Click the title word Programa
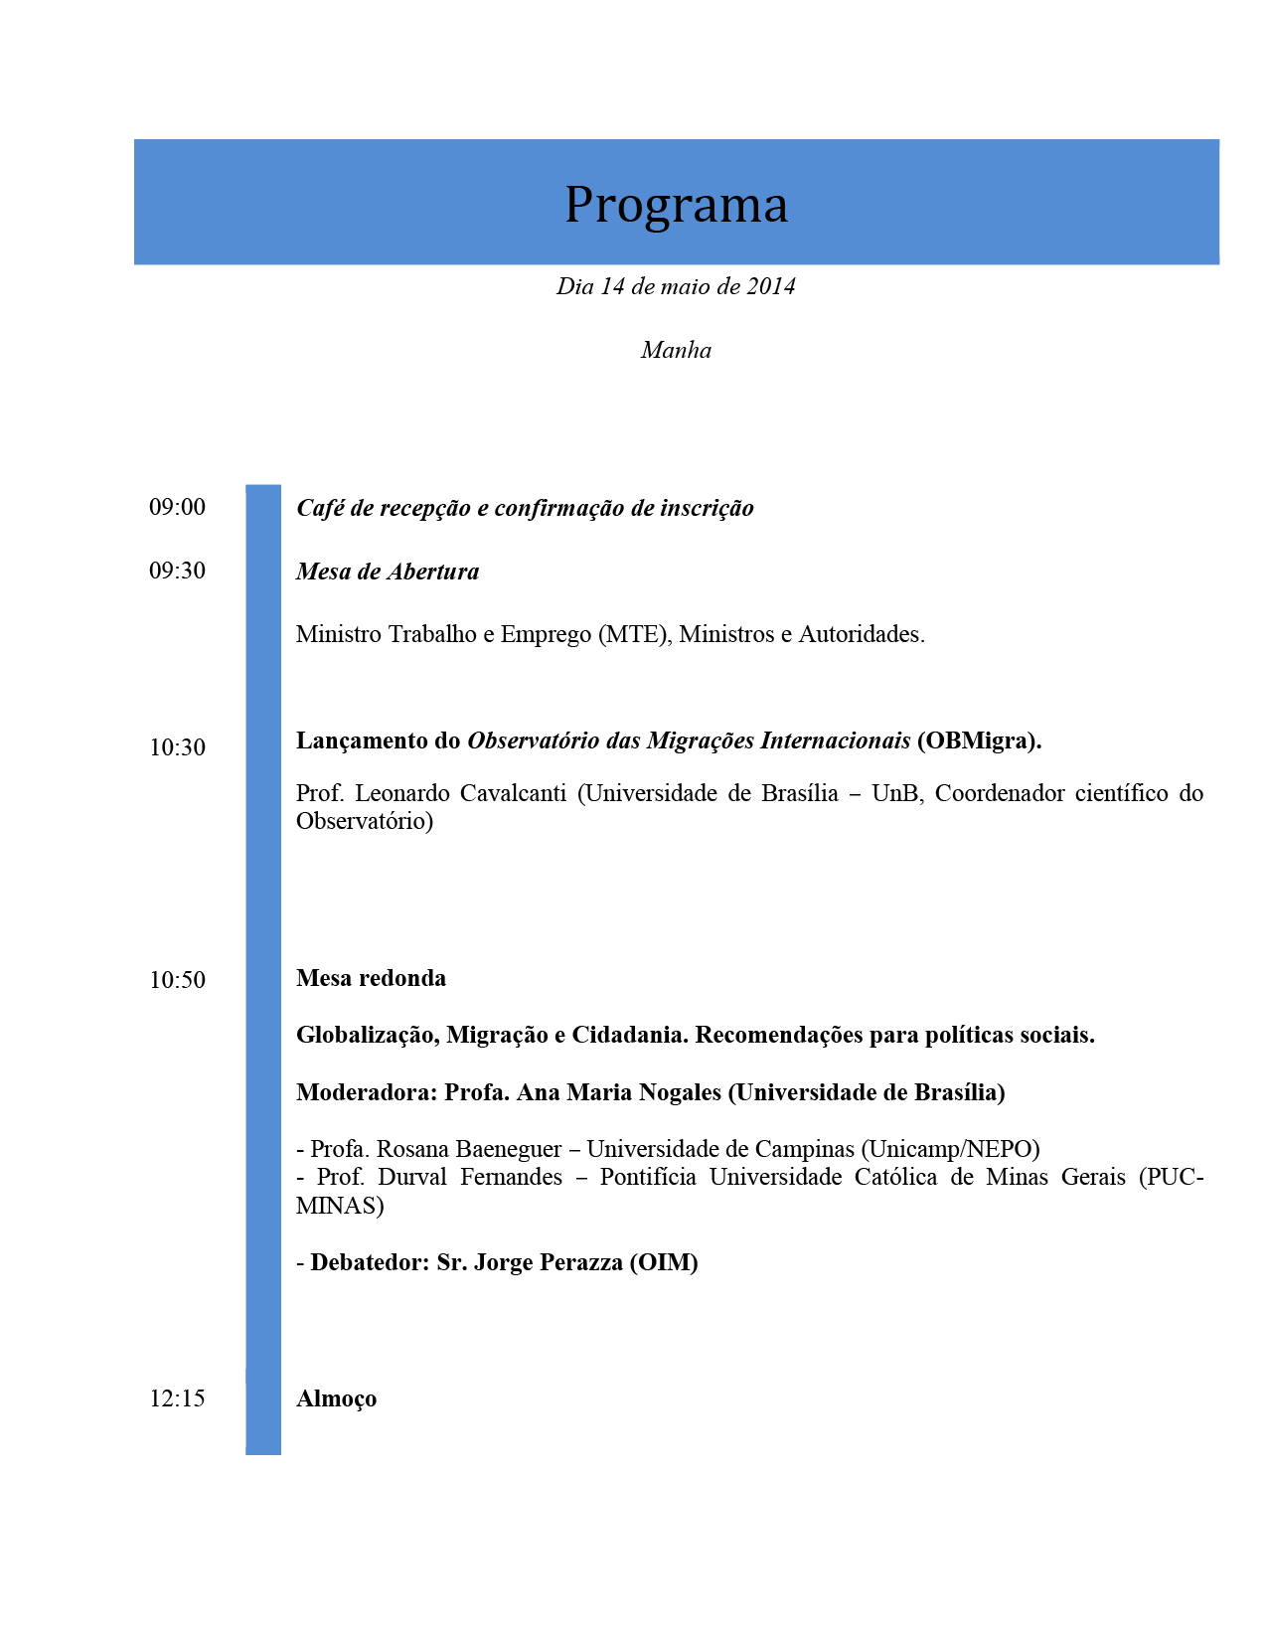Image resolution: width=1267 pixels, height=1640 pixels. tap(676, 205)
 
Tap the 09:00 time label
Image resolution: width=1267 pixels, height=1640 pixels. tap(177, 508)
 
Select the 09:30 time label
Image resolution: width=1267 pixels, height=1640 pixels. tap(177, 572)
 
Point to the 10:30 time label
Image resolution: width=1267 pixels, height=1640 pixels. tap(177, 748)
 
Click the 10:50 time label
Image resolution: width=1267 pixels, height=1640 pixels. tap(177, 981)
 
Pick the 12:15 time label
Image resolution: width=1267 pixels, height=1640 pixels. tap(177, 1399)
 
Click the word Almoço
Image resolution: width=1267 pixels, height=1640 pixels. tap(336, 1399)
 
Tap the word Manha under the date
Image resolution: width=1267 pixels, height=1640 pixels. tap(676, 351)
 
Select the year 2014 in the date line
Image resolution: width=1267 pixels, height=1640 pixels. tap(771, 287)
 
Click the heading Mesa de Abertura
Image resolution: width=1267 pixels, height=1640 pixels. tap(388, 573)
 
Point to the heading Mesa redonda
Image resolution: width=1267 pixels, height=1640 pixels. tap(371, 979)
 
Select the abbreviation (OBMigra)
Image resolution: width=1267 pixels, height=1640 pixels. tap(979, 741)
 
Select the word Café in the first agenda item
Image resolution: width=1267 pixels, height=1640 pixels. tap(320, 508)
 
